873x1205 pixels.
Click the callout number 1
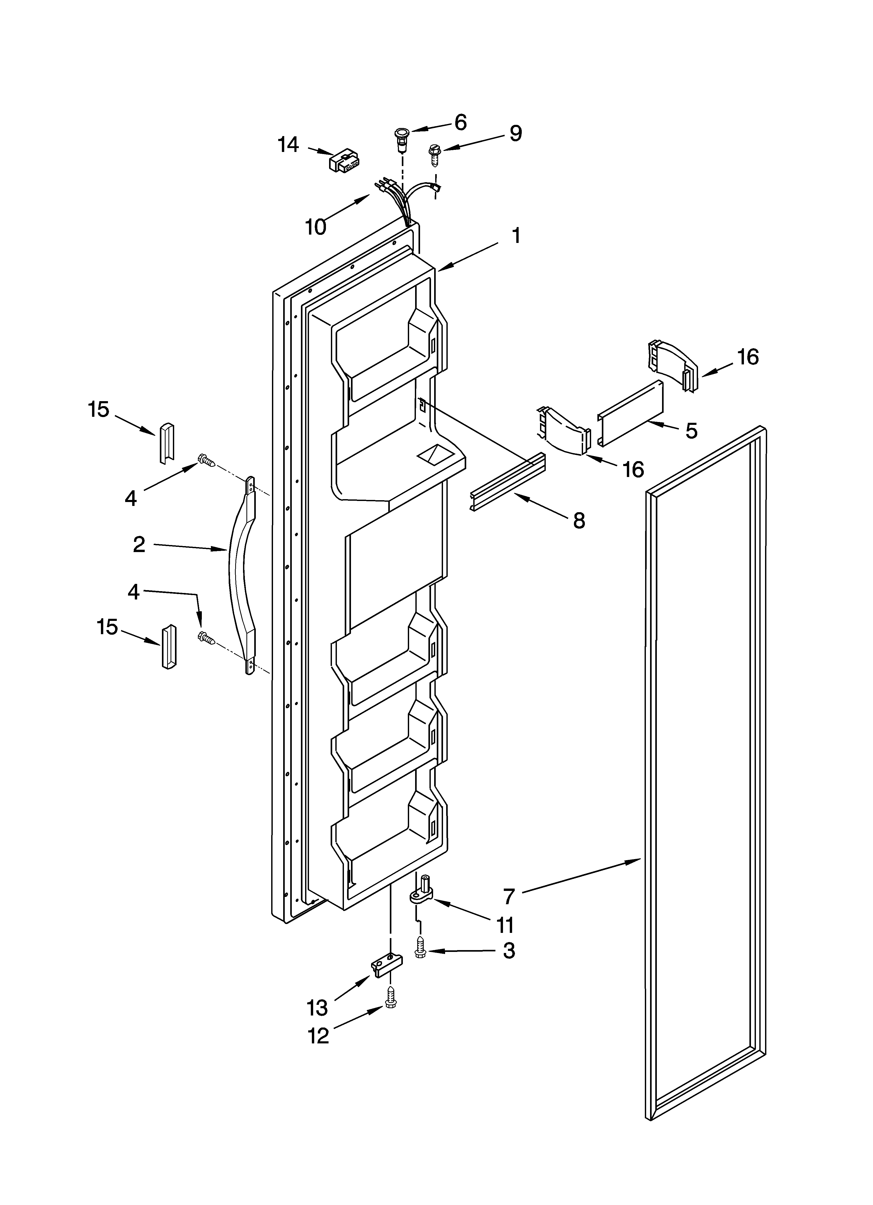[x=516, y=235]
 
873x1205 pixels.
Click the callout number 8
[x=579, y=521]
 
